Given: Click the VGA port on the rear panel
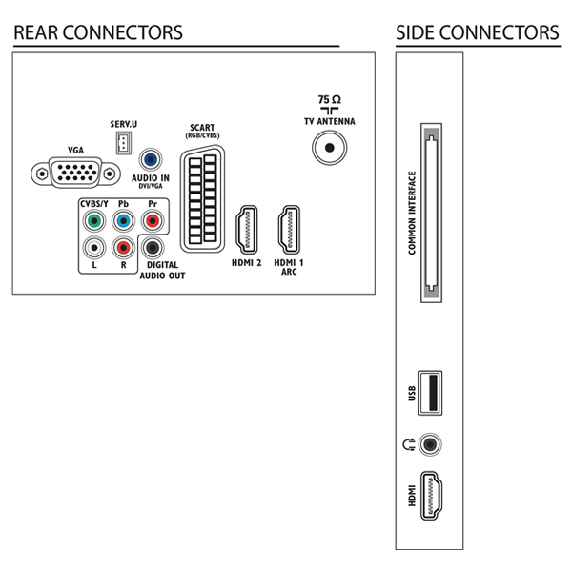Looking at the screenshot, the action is pyautogui.click(x=75, y=173).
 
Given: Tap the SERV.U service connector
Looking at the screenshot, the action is pyautogui.click(x=124, y=143).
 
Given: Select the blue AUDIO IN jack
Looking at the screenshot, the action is pyautogui.click(x=151, y=159).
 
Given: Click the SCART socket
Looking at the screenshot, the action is pyautogui.click(x=202, y=198).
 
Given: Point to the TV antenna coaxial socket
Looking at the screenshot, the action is pyautogui.click(x=330, y=148).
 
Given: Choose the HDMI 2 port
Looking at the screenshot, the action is pyautogui.click(x=247, y=230).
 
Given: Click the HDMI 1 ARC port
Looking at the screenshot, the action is pyautogui.click(x=289, y=230).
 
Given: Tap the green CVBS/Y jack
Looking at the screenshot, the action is pyautogui.click(x=94, y=221).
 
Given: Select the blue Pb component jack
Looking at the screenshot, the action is pyautogui.click(x=124, y=221).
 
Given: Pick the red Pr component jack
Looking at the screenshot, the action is pyautogui.click(x=153, y=221).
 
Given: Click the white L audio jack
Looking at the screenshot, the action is pyautogui.click(x=94, y=248).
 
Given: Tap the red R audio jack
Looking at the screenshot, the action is pyautogui.click(x=124, y=248).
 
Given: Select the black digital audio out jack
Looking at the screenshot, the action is pyautogui.click(x=153, y=248).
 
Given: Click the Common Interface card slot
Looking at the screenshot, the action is pyautogui.click(x=431, y=213).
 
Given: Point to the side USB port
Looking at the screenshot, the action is pyautogui.click(x=430, y=393).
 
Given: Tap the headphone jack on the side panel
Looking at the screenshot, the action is pyautogui.click(x=430, y=444).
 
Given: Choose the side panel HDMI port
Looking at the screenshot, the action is pyautogui.click(x=431, y=496).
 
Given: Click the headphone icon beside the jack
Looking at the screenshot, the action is pyautogui.click(x=409, y=444).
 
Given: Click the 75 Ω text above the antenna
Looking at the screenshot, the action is pyautogui.click(x=330, y=99).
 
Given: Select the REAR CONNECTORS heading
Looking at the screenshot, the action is pyautogui.click(x=98, y=32).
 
